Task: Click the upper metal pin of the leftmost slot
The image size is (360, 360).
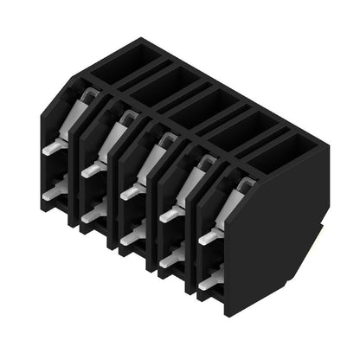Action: click(51, 148)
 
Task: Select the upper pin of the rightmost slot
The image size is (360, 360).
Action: click(209, 236)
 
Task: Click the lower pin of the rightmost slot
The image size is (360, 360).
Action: click(209, 280)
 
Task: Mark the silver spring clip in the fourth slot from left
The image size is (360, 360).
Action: click(194, 179)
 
